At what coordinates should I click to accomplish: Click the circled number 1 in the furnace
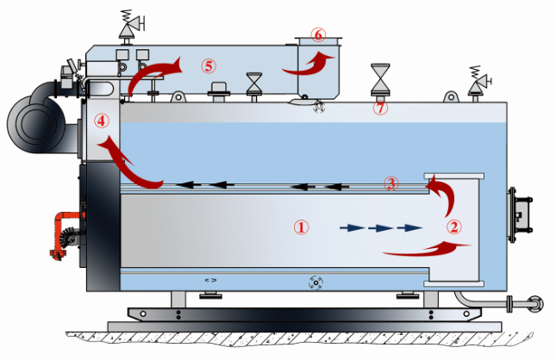[x=301, y=227]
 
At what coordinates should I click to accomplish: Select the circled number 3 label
[x=391, y=183]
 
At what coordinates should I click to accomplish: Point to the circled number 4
[x=103, y=121]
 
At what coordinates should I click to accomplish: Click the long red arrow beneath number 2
[x=428, y=249]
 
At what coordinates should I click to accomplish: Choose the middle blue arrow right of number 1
[x=380, y=228]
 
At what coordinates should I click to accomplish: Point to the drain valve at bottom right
[x=531, y=304]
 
